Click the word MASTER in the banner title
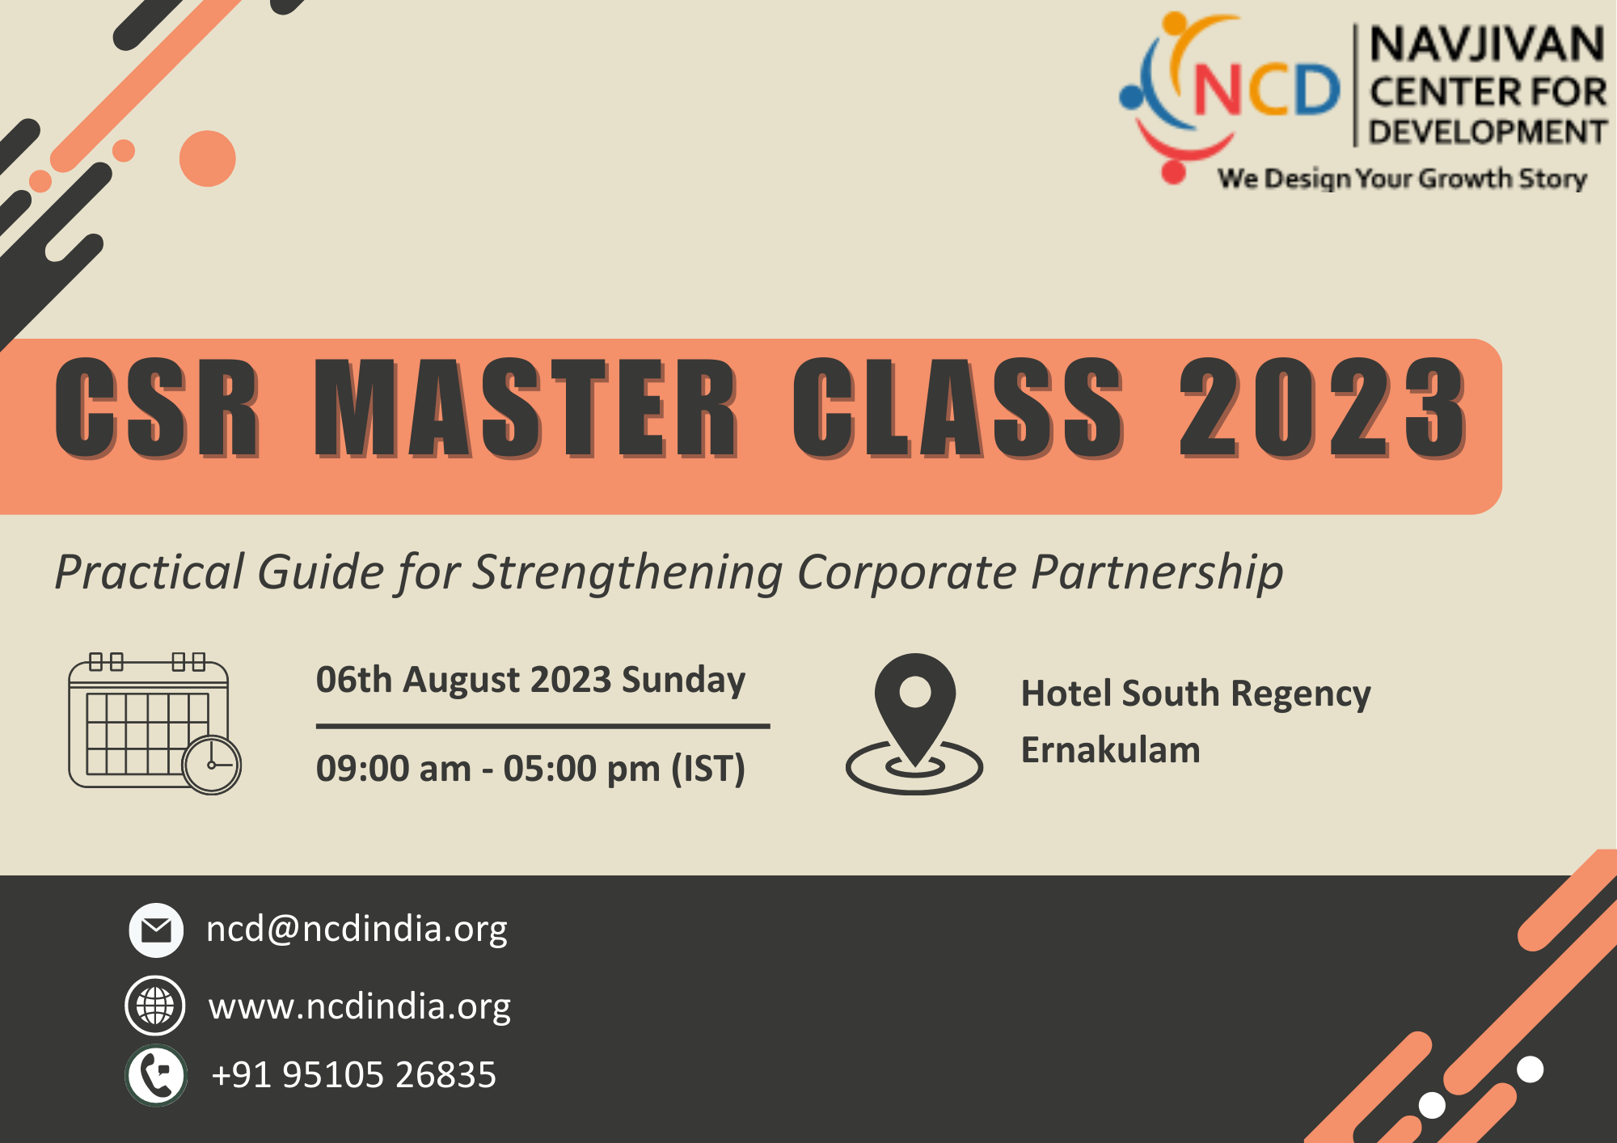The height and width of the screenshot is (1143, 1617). click(526, 408)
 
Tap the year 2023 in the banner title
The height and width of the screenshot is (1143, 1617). click(1323, 408)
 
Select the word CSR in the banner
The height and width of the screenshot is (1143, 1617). click(158, 408)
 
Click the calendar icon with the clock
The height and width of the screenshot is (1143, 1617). click(154, 723)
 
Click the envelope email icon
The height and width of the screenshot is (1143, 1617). click(156, 930)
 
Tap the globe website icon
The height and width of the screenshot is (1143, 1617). click(155, 1006)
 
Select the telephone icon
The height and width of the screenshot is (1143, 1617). click(156, 1075)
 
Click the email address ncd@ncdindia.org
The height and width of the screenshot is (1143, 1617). click(357, 930)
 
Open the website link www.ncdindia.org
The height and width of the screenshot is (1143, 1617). click(360, 1007)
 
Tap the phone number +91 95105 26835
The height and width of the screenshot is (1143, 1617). click(353, 1075)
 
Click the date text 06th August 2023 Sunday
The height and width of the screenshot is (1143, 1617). click(530, 680)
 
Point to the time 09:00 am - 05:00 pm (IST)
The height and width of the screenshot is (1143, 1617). click(530, 769)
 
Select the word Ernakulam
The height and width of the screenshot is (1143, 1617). click(1110, 749)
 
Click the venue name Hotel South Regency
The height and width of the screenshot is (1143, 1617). click(1196, 694)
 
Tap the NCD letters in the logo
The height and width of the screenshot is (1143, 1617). click(1267, 90)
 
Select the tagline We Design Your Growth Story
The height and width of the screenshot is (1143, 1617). click(1403, 179)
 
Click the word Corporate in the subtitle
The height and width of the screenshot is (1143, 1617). click(906, 573)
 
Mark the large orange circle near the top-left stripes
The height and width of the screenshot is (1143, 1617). click(208, 158)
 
